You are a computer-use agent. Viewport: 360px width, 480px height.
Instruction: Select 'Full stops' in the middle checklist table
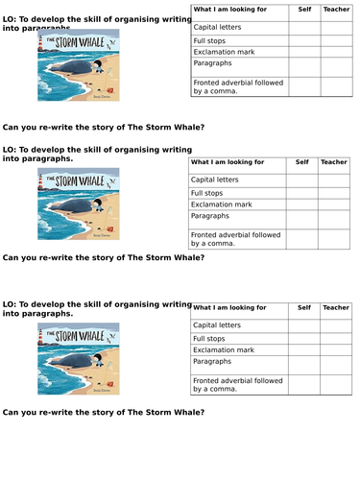pos(209,192)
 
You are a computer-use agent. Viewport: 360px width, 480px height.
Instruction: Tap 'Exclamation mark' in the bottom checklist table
pos(222,350)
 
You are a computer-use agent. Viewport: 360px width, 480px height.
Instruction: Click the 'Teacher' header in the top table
pos(336,10)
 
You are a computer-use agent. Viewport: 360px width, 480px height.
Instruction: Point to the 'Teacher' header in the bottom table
pos(336,307)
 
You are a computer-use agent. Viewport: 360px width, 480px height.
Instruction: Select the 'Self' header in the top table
pos(304,10)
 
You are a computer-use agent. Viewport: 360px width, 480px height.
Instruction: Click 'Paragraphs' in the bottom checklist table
pos(211,363)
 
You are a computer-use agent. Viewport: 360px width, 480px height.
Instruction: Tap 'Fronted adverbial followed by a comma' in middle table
pos(235,238)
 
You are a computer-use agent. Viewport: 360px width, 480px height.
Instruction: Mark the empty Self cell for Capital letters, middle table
pos(304,180)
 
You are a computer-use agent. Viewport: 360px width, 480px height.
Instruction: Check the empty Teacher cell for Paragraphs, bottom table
pos(336,365)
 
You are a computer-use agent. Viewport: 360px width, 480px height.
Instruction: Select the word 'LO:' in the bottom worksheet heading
pos(10,303)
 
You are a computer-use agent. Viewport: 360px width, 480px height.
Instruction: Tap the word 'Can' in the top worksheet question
pos(12,127)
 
